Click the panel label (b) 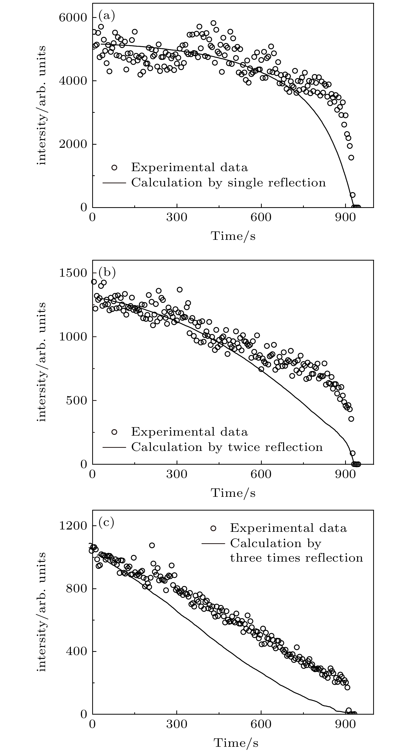(106, 272)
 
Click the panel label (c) (106, 522)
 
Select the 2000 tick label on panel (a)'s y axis (73, 144)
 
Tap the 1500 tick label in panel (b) (73, 273)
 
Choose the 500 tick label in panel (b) (76, 400)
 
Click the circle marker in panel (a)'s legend (114, 168)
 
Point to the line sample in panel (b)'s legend (114, 447)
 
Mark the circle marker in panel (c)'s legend (213, 528)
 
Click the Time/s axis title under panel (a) (233, 236)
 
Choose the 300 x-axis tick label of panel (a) (177, 219)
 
